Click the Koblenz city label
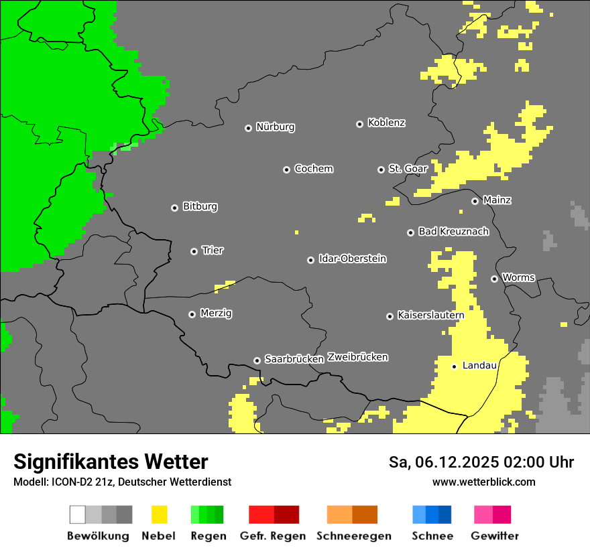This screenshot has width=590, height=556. click(x=386, y=123)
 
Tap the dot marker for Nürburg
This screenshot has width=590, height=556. click(x=248, y=128)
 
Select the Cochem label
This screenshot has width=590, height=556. click(x=313, y=169)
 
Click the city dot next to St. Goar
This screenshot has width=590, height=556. click(x=381, y=169)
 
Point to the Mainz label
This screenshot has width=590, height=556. click(x=497, y=200)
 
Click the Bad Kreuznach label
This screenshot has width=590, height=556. click(x=453, y=232)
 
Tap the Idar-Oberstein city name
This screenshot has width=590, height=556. click(x=352, y=259)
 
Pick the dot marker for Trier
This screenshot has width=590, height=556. click(x=194, y=251)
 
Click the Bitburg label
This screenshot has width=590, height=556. click(x=200, y=207)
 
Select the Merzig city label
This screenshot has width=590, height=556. click(x=216, y=314)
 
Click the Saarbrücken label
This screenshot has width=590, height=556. click(x=294, y=360)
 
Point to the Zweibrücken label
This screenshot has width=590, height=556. click(x=357, y=357)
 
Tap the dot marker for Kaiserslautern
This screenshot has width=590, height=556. click(x=390, y=316)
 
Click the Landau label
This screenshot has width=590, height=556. click(x=479, y=366)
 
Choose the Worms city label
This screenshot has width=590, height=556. click(x=518, y=278)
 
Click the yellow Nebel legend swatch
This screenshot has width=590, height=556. click(x=159, y=514)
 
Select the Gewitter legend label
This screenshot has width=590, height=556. click(x=494, y=536)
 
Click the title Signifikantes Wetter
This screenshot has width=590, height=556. click(x=111, y=462)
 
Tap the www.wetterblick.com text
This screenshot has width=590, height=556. click(x=483, y=482)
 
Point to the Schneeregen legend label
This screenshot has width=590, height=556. click(x=353, y=536)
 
